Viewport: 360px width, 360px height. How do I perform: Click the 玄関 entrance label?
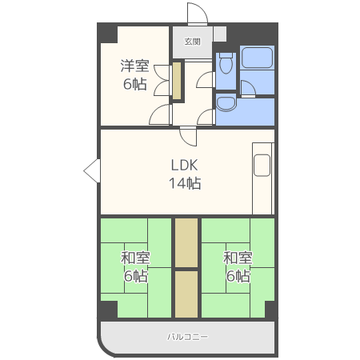pos(192,42)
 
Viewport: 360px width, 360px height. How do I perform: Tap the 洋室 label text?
pos(134,66)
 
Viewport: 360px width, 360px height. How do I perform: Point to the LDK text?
pos(185,165)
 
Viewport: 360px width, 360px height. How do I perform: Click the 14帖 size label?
pos(185,183)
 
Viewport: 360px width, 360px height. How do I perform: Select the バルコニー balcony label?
pos(187,337)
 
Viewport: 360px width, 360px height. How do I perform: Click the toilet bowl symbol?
pos(226,63)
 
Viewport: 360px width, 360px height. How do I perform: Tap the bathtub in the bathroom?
pos(257,58)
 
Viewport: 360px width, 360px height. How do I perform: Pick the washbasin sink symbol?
pos(226,104)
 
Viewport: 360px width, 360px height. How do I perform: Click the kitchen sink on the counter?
pos(262,166)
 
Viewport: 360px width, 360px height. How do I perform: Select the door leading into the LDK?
pos(189,137)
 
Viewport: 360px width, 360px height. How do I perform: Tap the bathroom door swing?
pos(248,88)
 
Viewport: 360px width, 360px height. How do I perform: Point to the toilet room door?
pos(206,80)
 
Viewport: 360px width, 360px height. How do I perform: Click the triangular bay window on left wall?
pos(92,170)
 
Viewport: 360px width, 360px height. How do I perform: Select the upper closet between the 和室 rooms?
pos(186,242)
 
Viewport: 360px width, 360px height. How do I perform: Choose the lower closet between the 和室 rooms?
pos(186,294)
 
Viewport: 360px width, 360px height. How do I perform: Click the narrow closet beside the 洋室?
pos(177,81)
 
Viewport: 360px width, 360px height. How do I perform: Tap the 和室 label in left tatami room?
pos(135,258)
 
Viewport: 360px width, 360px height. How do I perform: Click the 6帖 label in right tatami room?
pos(238,276)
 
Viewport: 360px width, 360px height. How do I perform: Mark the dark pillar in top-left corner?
pos(107,33)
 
